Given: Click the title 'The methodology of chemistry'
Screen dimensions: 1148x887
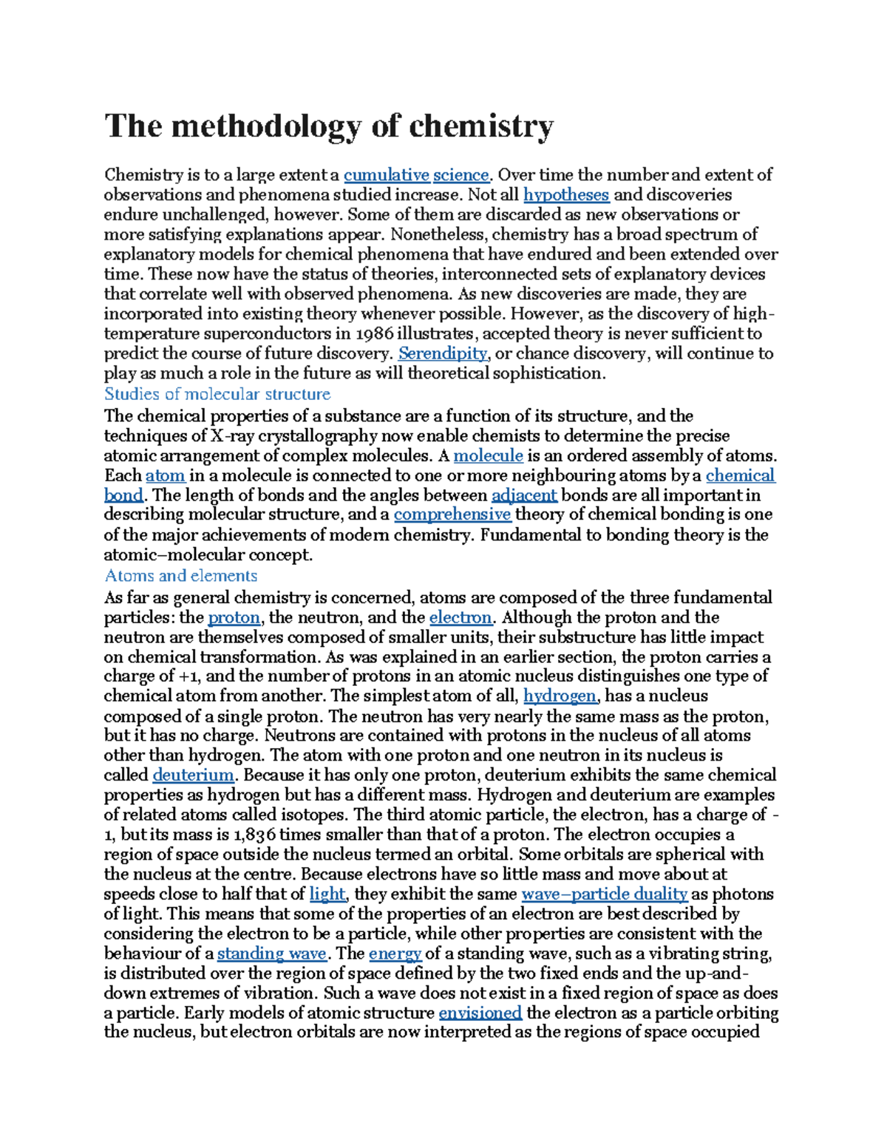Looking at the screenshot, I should click(x=329, y=126).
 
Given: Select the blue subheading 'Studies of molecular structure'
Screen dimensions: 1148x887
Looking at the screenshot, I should click(x=217, y=394).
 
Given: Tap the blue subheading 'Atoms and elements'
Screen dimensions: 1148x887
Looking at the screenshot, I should click(x=181, y=576).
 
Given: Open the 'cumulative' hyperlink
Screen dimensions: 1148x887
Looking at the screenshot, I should click(x=387, y=175).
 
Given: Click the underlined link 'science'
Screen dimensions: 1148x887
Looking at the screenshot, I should click(x=461, y=175).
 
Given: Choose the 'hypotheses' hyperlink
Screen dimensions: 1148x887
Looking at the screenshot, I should click(x=566, y=195).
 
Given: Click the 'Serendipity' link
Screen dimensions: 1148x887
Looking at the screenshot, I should click(x=443, y=353).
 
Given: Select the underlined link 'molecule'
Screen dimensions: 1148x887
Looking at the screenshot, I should click(x=488, y=455).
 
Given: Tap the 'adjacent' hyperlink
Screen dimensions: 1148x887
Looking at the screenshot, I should click(x=524, y=495).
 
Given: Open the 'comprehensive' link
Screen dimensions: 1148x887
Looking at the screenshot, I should click(x=452, y=514).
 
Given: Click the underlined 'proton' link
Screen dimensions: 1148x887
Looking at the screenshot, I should click(x=234, y=617).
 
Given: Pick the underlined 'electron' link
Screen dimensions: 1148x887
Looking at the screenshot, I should click(x=460, y=617).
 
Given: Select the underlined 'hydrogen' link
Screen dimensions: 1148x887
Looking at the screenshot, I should click(x=560, y=696).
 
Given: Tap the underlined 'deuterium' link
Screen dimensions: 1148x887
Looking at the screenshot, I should click(x=193, y=775).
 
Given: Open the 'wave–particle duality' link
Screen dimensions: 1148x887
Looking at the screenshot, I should click(x=604, y=894).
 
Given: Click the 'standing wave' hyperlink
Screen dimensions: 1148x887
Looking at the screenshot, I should click(x=271, y=954).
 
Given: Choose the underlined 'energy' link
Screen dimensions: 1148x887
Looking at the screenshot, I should click(x=395, y=954).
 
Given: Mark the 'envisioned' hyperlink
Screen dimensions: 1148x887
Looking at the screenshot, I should click(x=480, y=1013).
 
